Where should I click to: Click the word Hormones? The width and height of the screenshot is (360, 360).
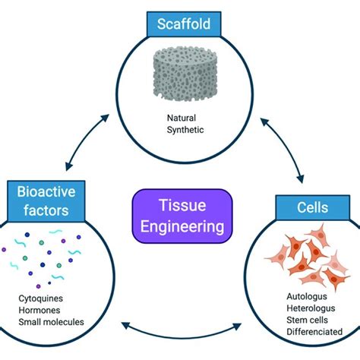click(42, 310)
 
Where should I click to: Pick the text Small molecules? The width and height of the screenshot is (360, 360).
click(51, 322)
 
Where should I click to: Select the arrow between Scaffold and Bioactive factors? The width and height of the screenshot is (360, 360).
click(84, 136)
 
